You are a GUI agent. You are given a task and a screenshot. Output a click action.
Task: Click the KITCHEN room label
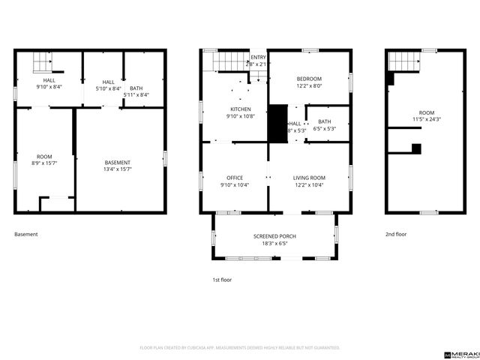(229, 109)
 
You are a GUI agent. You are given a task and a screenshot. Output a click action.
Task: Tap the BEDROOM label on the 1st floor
(309, 79)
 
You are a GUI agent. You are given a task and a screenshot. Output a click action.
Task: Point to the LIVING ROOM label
(309, 178)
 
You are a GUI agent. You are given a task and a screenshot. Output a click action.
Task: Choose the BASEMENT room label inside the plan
(118, 163)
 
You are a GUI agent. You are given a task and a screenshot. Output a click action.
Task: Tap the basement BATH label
(136, 88)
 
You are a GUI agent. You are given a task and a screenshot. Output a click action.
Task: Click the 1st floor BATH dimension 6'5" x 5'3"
(324, 129)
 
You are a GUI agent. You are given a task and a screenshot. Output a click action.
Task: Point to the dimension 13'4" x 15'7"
(118, 169)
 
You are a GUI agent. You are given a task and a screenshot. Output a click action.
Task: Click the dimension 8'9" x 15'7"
(44, 163)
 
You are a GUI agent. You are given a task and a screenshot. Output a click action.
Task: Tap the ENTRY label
(258, 57)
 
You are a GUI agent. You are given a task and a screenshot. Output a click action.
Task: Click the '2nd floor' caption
(396, 234)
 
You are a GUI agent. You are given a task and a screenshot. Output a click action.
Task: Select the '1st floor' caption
(222, 279)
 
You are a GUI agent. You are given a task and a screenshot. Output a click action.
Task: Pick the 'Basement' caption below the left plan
(25, 234)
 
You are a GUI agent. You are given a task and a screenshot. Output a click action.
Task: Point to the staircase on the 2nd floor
(406, 61)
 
